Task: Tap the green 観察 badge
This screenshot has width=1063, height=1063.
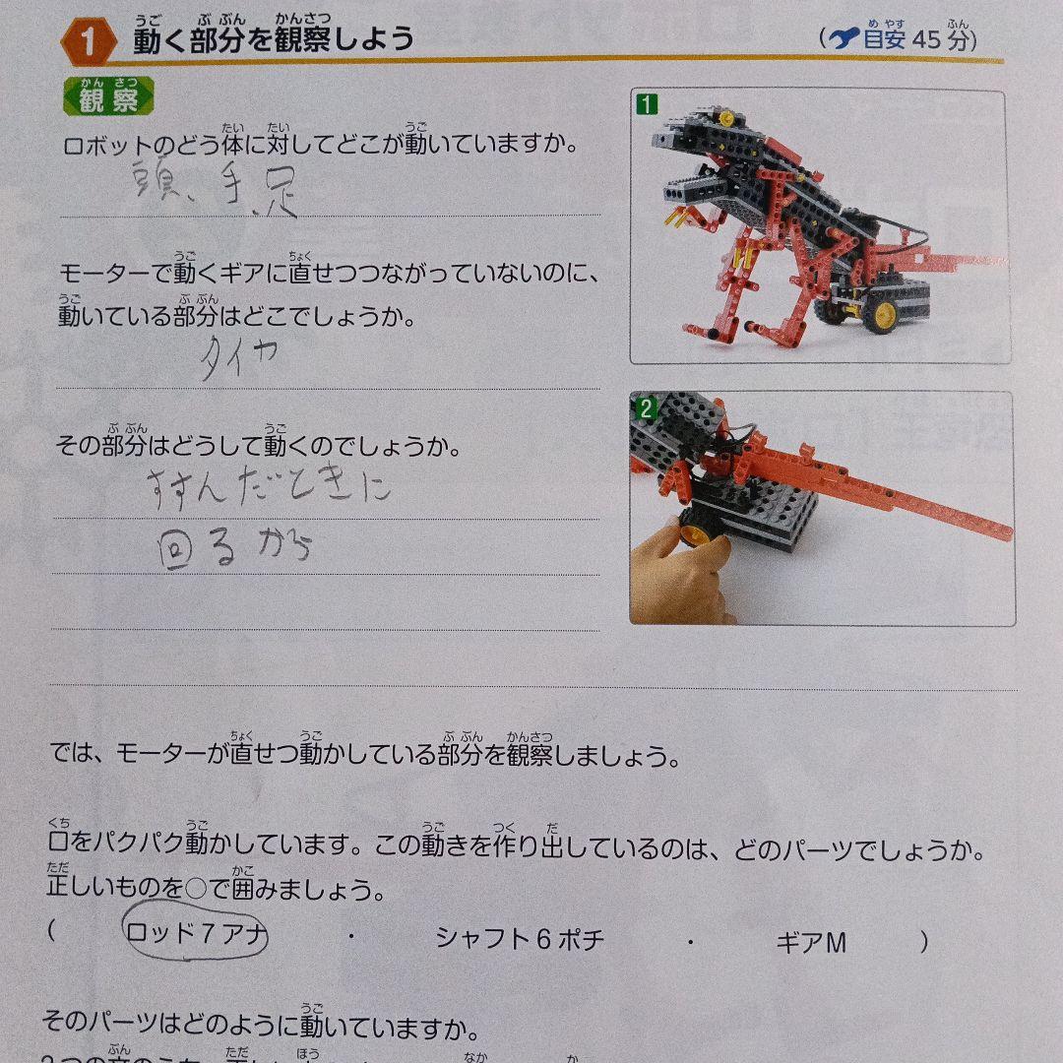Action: (x=109, y=98)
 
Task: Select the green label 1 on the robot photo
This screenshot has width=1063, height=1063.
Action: (x=647, y=102)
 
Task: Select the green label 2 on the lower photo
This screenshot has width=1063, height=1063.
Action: (x=646, y=407)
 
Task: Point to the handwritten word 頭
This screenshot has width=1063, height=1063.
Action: (x=156, y=181)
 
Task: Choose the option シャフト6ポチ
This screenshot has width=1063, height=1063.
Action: (x=520, y=940)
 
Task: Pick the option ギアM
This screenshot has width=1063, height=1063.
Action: (x=811, y=943)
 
